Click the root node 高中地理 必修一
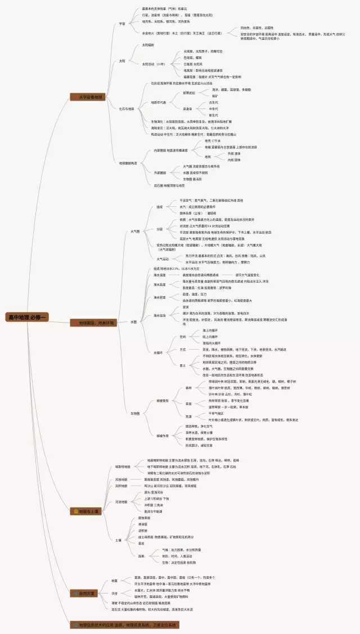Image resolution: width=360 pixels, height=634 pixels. point(28,318)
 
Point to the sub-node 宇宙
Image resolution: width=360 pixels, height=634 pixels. point(122,24)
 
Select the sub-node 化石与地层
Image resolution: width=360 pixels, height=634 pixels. point(127,108)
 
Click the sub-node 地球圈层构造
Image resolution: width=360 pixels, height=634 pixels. point(128,163)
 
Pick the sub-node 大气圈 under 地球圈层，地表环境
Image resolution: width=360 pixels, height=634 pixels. point(135,231)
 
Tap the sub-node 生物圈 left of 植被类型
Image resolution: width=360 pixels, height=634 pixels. point(135,413)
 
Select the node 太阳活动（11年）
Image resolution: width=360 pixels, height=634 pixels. point(153,64)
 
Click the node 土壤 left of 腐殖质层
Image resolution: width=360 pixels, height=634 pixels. point(118,540)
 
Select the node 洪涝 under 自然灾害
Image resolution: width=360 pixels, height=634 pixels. point(114,593)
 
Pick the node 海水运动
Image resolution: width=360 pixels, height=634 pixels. point(160,315)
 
